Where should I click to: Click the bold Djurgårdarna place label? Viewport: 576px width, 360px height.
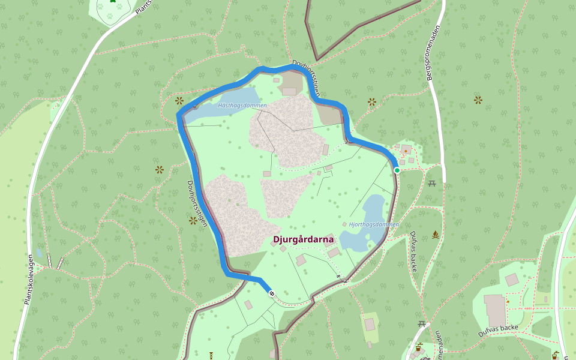(303, 239)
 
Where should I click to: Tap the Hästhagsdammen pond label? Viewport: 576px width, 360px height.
(242, 106)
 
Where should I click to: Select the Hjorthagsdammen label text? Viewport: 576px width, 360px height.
(374, 224)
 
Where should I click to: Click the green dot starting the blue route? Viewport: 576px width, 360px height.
(397, 170)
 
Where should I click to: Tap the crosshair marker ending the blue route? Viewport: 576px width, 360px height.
(272, 293)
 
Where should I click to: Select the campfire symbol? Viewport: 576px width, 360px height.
(435, 235)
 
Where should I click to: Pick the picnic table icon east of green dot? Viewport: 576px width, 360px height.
(432, 183)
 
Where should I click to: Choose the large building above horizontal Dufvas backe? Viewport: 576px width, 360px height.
(495, 310)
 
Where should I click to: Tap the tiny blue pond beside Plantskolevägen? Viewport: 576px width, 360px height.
(39, 253)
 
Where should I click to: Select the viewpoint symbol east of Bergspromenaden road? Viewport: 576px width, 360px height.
(478, 100)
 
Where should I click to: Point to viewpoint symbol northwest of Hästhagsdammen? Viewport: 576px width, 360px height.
(179, 100)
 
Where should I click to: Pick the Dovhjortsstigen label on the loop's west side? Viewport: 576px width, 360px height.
(197, 204)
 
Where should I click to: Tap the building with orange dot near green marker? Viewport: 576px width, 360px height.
(406, 149)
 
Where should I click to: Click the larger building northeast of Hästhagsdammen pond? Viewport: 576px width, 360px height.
(289, 91)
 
